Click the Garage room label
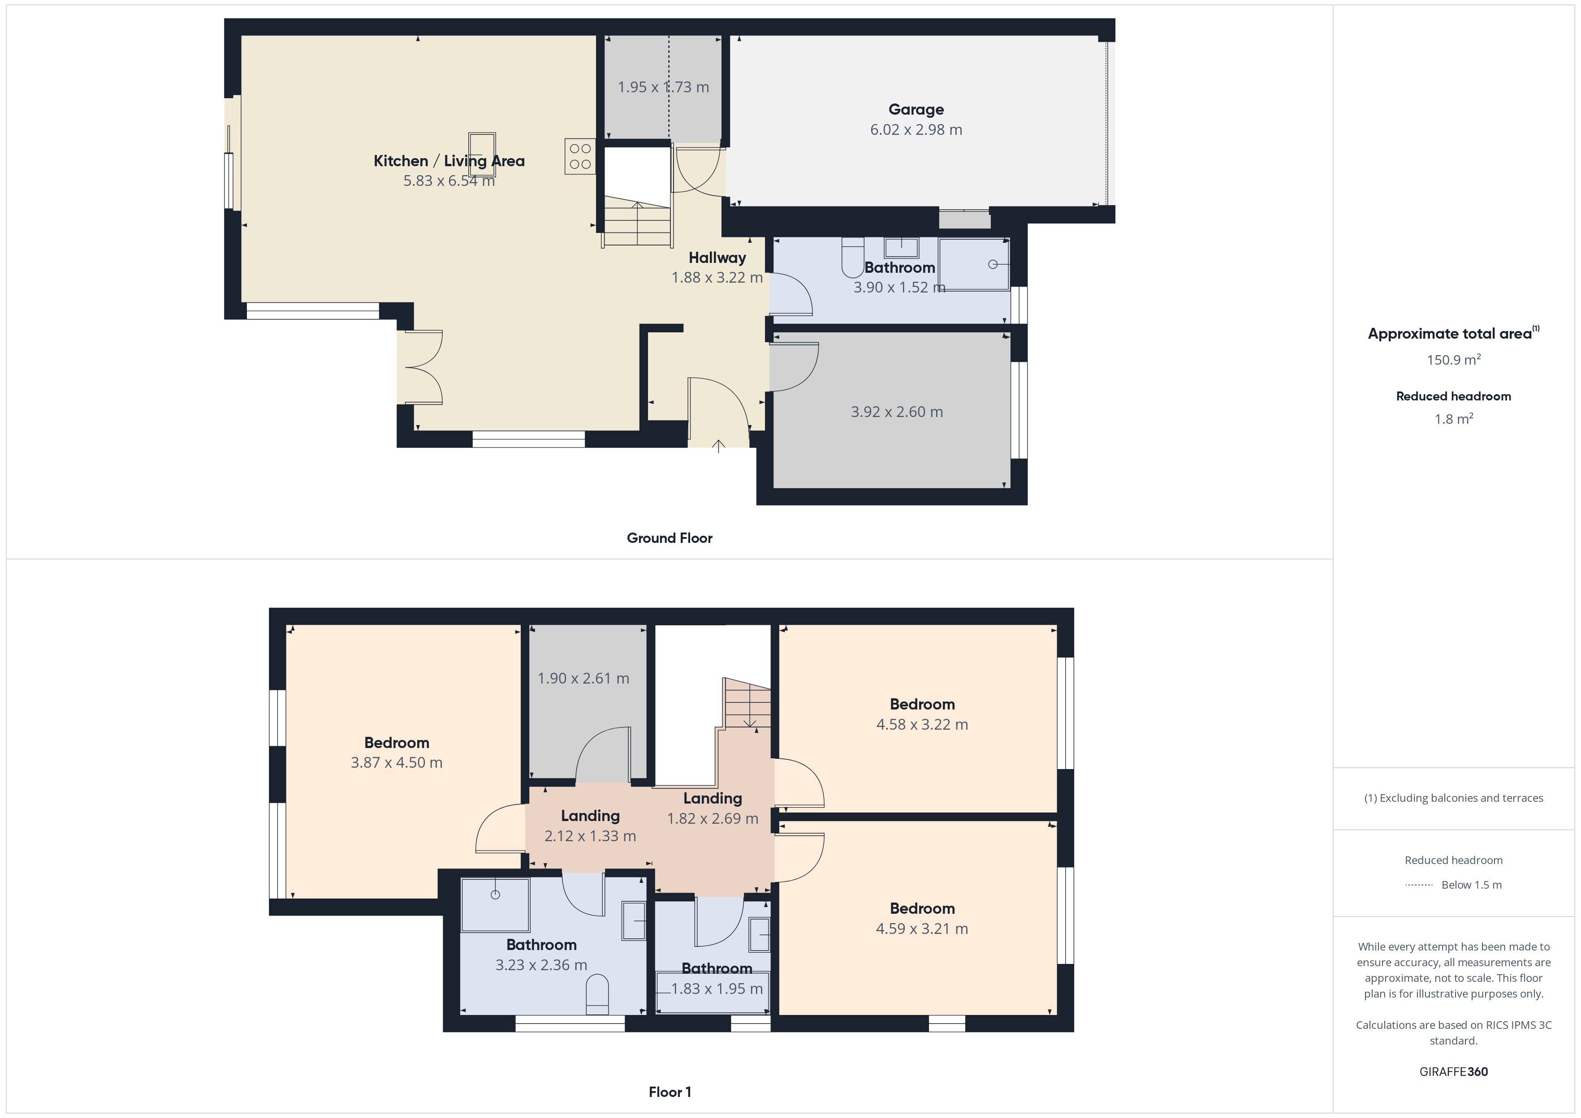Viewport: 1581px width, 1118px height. point(916,109)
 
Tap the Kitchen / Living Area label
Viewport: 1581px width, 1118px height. point(449,161)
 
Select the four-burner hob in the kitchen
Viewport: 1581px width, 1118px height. point(580,156)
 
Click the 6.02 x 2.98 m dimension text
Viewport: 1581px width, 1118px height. point(916,129)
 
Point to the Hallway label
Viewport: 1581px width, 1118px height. point(717,258)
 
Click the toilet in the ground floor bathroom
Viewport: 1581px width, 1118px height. point(852,258)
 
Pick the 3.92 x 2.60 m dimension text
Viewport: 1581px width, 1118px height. point(897,412)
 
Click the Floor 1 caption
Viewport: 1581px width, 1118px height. point(670,1092)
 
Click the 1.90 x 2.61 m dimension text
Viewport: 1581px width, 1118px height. point(583,678)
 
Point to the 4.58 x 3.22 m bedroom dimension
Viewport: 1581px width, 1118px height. point(922,724)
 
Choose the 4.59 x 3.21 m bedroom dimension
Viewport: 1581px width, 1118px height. point(922,929)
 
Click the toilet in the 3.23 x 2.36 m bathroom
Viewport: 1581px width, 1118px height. point(597,994)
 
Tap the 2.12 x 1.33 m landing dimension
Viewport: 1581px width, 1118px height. point(590,836)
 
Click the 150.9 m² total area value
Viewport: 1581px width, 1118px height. point(1454,359)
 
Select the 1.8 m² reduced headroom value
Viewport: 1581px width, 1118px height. point(1454,418)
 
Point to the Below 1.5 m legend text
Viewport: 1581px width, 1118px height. point(1472,885)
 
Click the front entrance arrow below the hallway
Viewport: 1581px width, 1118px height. point(718,446)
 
